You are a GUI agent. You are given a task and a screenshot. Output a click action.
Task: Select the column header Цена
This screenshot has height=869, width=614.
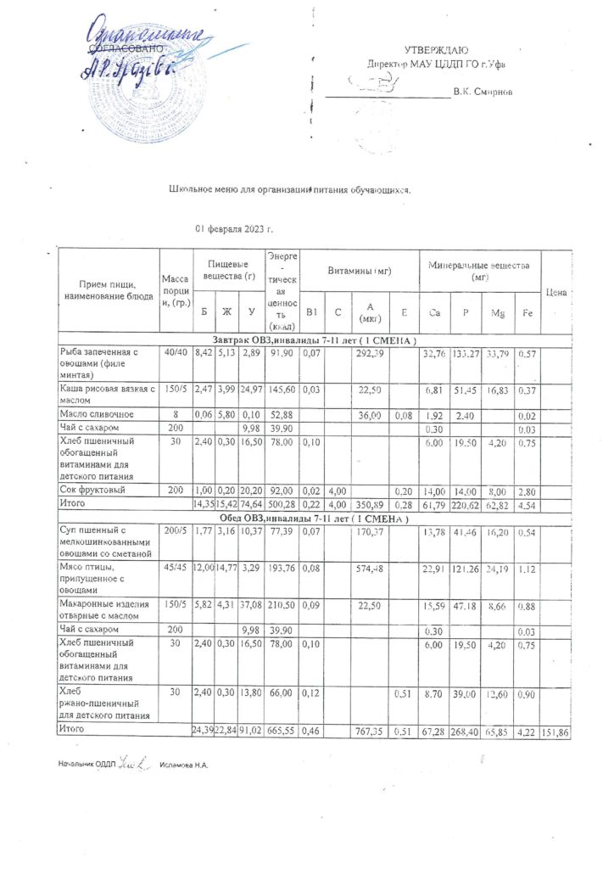point(556,292)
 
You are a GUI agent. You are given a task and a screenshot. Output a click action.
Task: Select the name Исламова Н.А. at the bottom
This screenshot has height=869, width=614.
point(183,765)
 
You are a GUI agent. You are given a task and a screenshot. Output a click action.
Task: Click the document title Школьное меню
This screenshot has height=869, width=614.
point(289,189)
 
